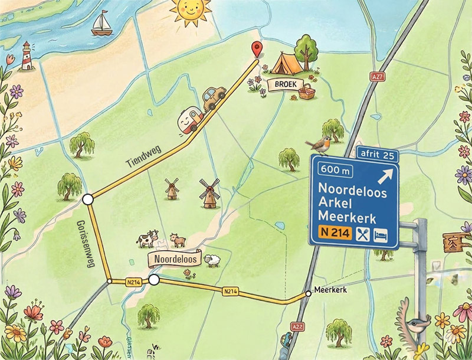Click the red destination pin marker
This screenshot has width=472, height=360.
click(256, 50)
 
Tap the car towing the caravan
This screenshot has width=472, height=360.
click(214, 97)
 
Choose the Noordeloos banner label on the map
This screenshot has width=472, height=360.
click(174, 258)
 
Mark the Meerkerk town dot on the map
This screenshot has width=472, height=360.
click(308, 293)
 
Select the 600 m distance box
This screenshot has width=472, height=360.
click(334, 170)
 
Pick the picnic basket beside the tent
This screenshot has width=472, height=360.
click(306, 91)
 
